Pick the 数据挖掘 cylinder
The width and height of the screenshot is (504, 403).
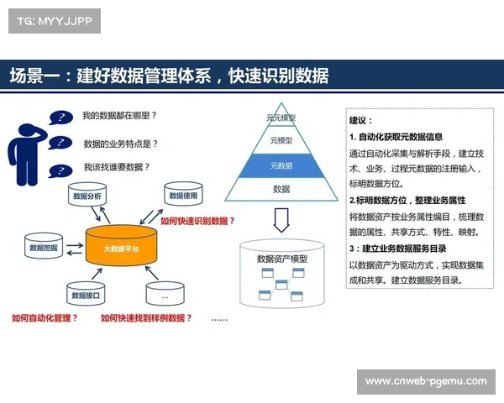pos(43,249)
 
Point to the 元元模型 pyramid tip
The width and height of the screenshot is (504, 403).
pos(281,118)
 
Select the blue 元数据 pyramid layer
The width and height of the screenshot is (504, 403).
pos(281,166)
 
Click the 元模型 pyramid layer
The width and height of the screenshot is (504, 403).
pos(281,141)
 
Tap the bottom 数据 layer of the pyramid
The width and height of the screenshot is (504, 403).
pos(281,190)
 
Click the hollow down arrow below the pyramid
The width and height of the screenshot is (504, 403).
pos(281,221)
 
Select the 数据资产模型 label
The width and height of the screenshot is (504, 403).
pos(282,259)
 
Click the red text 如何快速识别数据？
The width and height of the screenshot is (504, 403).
pos(198,222)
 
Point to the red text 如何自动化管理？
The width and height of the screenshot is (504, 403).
pos(45,318)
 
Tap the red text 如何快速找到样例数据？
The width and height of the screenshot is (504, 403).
pos(146,318)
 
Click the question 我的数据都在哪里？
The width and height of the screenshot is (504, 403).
pos(120,115)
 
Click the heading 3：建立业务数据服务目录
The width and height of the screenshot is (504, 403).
pos(397,249)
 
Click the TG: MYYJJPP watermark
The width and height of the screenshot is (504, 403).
pos(53,21)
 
